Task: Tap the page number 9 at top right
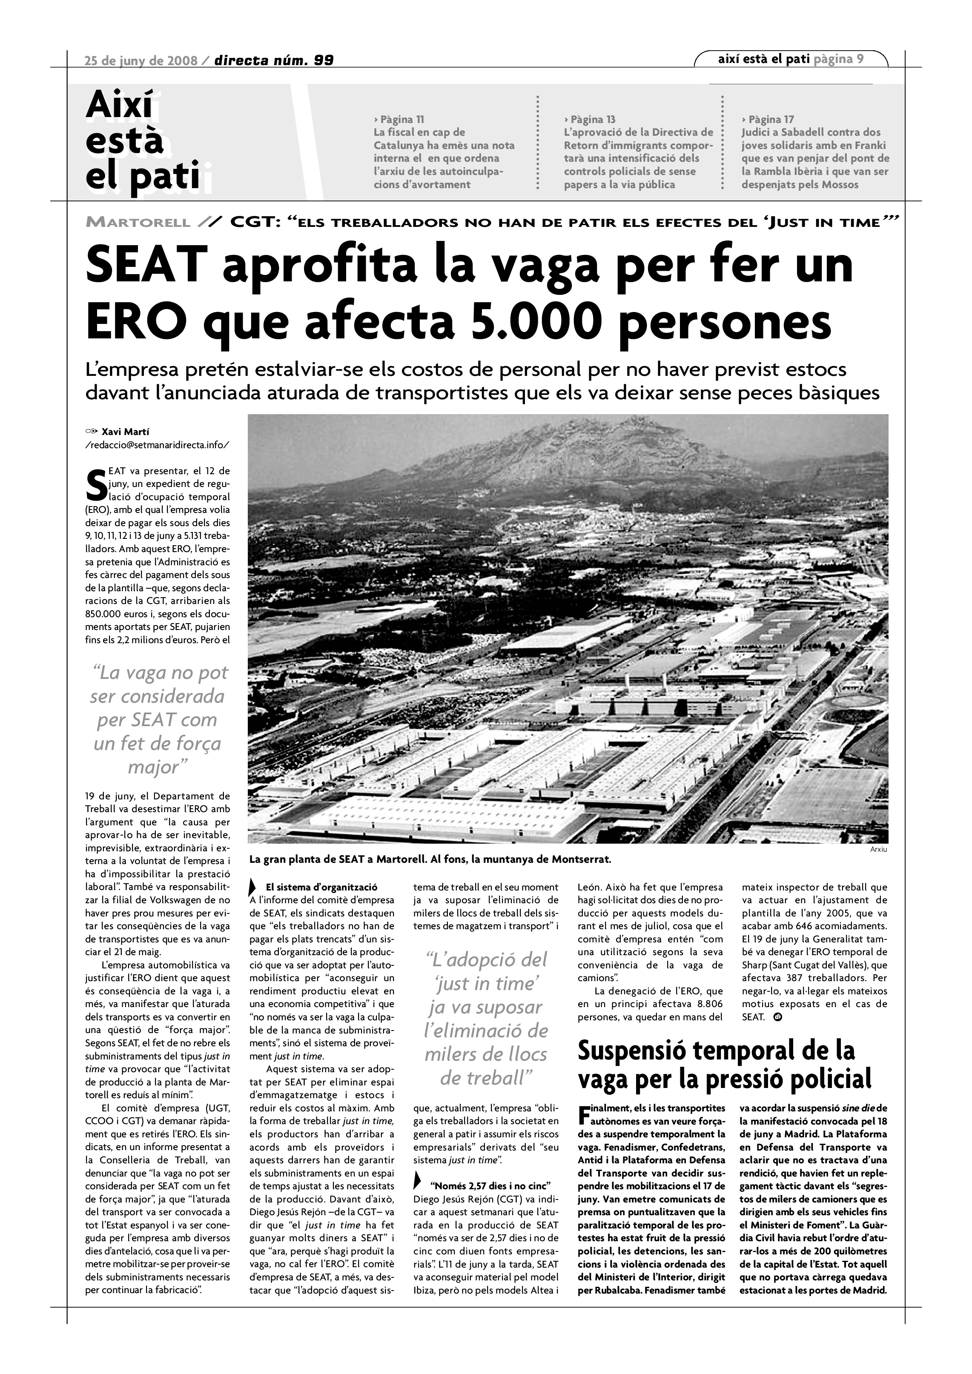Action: (860, 59)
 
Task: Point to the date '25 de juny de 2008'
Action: (141, 60)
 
